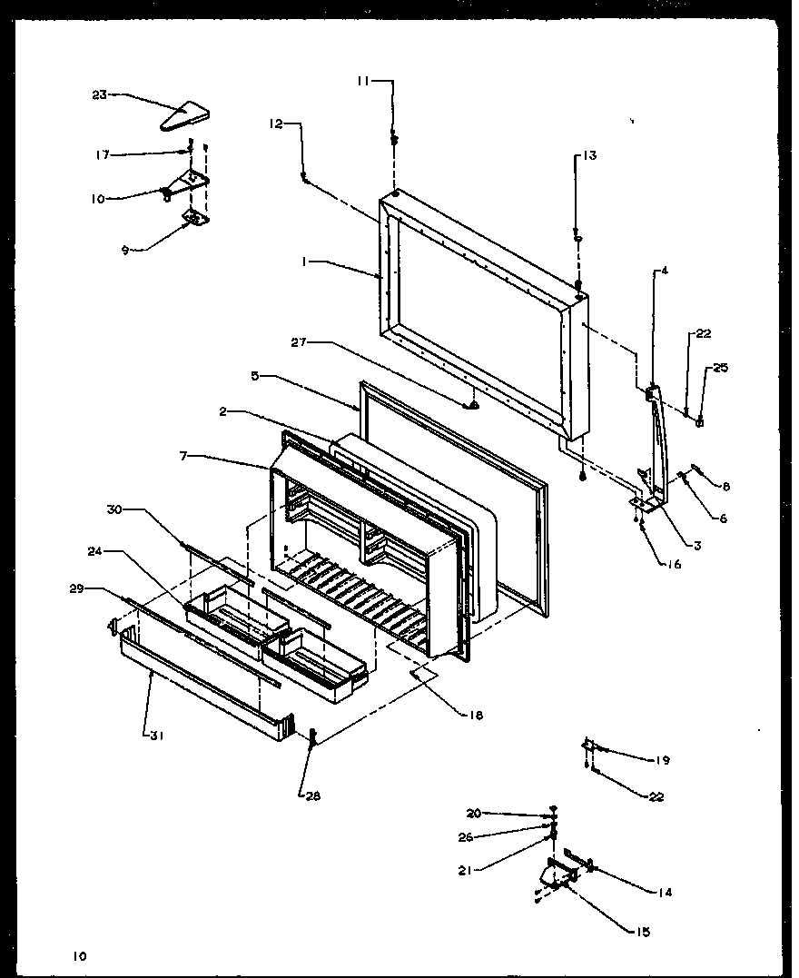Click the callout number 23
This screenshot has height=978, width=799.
click(100, 94)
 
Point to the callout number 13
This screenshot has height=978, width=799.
click(589, 155)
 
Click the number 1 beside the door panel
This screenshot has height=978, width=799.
click(308, 261)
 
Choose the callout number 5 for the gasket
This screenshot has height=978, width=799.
click(257, 374)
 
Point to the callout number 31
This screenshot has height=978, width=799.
click(154, 736)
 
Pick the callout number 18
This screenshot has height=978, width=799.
click(476, 715)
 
